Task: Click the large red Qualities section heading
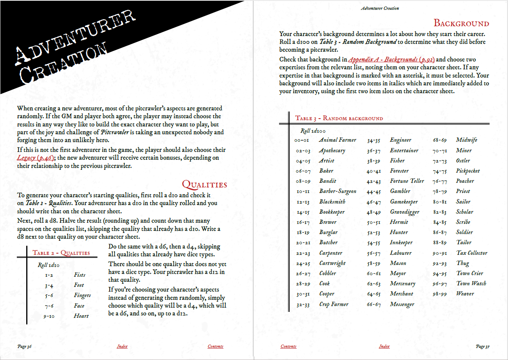pyautogui.click(x=204, y=184)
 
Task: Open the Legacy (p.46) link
pyautogui.click(x=35, y=158)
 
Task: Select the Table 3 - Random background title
pyautogui.click(x=339, y=118)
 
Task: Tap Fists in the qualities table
pyautogui.click(x=79, y=275)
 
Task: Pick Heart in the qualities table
pyautogui.click(x=81, y=316)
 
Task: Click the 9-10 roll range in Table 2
pyautogui.click(x=49, y=316)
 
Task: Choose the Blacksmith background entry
pyautogui.click(x=332, y=202)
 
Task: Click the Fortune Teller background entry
pyautogui.click(x=407, y=181)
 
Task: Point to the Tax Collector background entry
pyautogui.click(x=472, y=253)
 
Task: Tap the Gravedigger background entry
pyautogui.click(x=404, y=212)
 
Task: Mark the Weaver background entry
pyautogui.click(x=465, y=293)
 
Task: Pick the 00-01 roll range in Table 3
pyautogui.click(x=303, y=140)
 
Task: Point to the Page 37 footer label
pyautogui.click(x=483, y=346)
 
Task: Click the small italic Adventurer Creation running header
pyautogui.click(x=380, y=8)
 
